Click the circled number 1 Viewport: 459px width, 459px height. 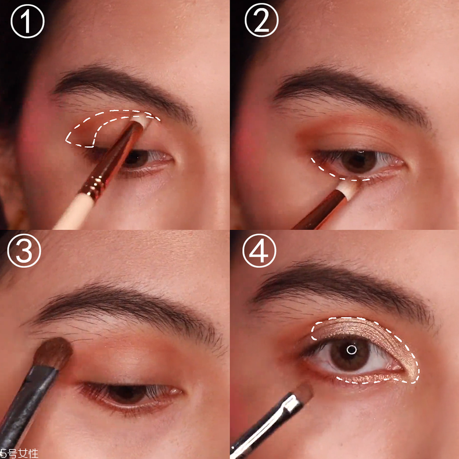pyautogui.click(x=27, y=21)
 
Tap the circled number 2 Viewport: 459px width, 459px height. pyautogui.click(x=261, y=20)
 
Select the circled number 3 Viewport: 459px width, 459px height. pyautogui.click(x=24, y=250)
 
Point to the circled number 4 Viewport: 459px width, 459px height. pyautogui.click(x=259, y=250)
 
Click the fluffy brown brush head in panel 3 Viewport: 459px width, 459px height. pyautogui.click(x=53, y=353)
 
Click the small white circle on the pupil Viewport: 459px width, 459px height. pyautogui.click(x=352, y=350)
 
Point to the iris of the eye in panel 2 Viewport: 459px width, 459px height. pyautogui.click(x=359, y=161)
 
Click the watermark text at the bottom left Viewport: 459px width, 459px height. pyautogui.click(x=19, y=453)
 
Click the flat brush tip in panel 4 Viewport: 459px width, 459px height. pyautogui.click(x=303, y=391)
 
